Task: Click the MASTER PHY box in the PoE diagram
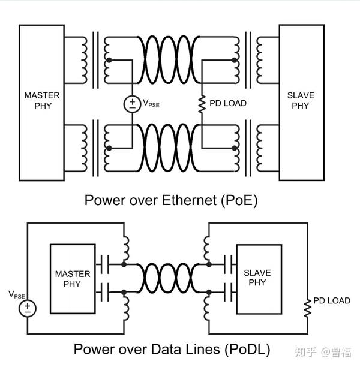(x=42, y=102)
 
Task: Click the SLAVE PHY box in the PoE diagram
(x=301, y=102)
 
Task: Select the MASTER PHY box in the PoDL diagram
(x=72, y=279)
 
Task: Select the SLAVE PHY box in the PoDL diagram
(x=257, y=278)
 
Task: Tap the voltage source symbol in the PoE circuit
(x=132, y=103)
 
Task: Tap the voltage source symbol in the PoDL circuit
(x=28, y=309)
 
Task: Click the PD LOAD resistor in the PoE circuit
(x=202, y=103)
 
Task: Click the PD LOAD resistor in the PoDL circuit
(x=307, y=309)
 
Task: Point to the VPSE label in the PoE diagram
(x=151, y=104)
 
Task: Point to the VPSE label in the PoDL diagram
(x=17, y=294)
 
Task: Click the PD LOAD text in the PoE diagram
(x=227, y=103)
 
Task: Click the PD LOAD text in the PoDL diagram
(x=331, y=300)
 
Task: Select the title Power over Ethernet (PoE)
(x=171, y=200)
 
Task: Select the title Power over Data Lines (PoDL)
(x=172, y=348)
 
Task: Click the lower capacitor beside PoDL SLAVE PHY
(x=229, y=293)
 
